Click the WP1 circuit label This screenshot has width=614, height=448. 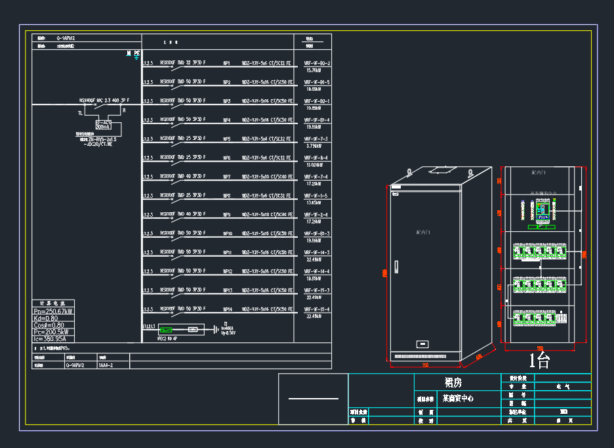[227, 63]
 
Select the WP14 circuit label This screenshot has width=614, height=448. [228, 309]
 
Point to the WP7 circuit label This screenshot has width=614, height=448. [227, 177]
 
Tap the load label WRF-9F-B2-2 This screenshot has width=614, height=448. [317, 63]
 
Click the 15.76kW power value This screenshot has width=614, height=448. [313, 70]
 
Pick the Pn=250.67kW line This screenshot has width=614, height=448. [53, 311]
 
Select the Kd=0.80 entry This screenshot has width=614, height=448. [46, 318]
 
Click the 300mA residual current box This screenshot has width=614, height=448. [103, 126]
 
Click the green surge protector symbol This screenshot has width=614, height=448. [167, 329]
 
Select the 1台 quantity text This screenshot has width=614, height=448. [539, 359]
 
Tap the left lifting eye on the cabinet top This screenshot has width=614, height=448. [407, 173]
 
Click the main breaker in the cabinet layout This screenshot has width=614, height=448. [542, 212]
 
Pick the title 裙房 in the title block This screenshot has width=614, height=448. [453, 382]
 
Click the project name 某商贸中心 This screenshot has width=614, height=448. [458, 398]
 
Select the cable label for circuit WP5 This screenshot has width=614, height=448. [266, 139]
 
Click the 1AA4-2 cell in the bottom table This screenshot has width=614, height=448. [106, 365]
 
